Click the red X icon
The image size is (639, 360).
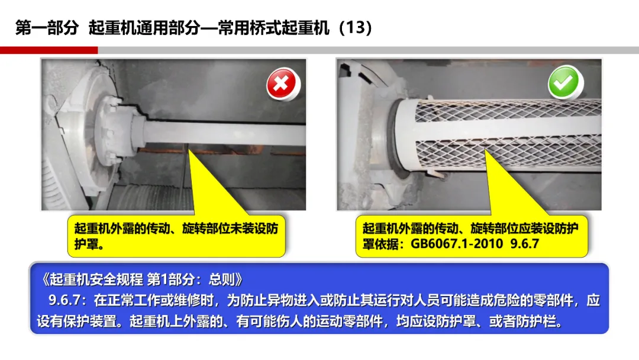click(282, 83)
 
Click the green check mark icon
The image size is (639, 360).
click(564, 82)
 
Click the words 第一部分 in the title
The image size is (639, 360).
click(47, 28)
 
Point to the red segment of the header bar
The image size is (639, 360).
click(49, 50)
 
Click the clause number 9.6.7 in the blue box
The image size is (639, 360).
click(64, 300)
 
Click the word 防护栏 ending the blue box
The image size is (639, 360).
click(542, 322)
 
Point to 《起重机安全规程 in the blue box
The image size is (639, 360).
click(92, 279)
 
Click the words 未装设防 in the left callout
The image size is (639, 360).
click(254, 228)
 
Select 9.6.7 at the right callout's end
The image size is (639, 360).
click(524, 244)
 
